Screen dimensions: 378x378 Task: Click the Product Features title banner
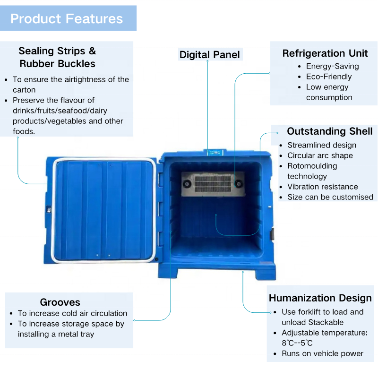(67, 19)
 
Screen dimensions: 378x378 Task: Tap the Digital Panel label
(209, 54)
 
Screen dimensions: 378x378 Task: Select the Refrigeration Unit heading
(325, 53)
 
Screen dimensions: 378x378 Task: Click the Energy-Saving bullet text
(332, 66)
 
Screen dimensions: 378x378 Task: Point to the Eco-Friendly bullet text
(329, 77)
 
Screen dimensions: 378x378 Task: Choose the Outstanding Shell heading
(329, 131)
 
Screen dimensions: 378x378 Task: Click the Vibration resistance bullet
(322, 187)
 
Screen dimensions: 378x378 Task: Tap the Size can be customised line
(330, 197)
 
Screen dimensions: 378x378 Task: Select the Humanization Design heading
(320, 298)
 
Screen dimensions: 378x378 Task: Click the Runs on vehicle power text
(322, 353)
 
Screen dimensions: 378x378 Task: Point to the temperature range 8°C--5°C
(297, 343)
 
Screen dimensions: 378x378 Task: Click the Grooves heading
(60, 302)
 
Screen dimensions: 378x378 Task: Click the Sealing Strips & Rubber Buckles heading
(57, 57)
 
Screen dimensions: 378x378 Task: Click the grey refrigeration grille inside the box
(212, 182)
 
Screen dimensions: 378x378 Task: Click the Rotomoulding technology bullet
(312, 171)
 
